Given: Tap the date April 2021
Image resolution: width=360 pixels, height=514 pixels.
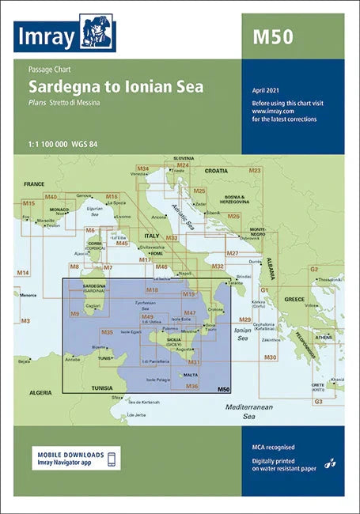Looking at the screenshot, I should click(x=266, y=93).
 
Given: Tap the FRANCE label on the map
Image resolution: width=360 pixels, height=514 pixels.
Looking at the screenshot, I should click(x=35, y=183).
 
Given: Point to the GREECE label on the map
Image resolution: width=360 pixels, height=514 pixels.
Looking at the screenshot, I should click(x=294, y=300).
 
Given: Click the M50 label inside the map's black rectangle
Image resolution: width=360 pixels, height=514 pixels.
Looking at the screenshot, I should click(x=223, y=389).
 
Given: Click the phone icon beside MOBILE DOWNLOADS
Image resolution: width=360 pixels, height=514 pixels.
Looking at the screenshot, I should click(x=112, y=459).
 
